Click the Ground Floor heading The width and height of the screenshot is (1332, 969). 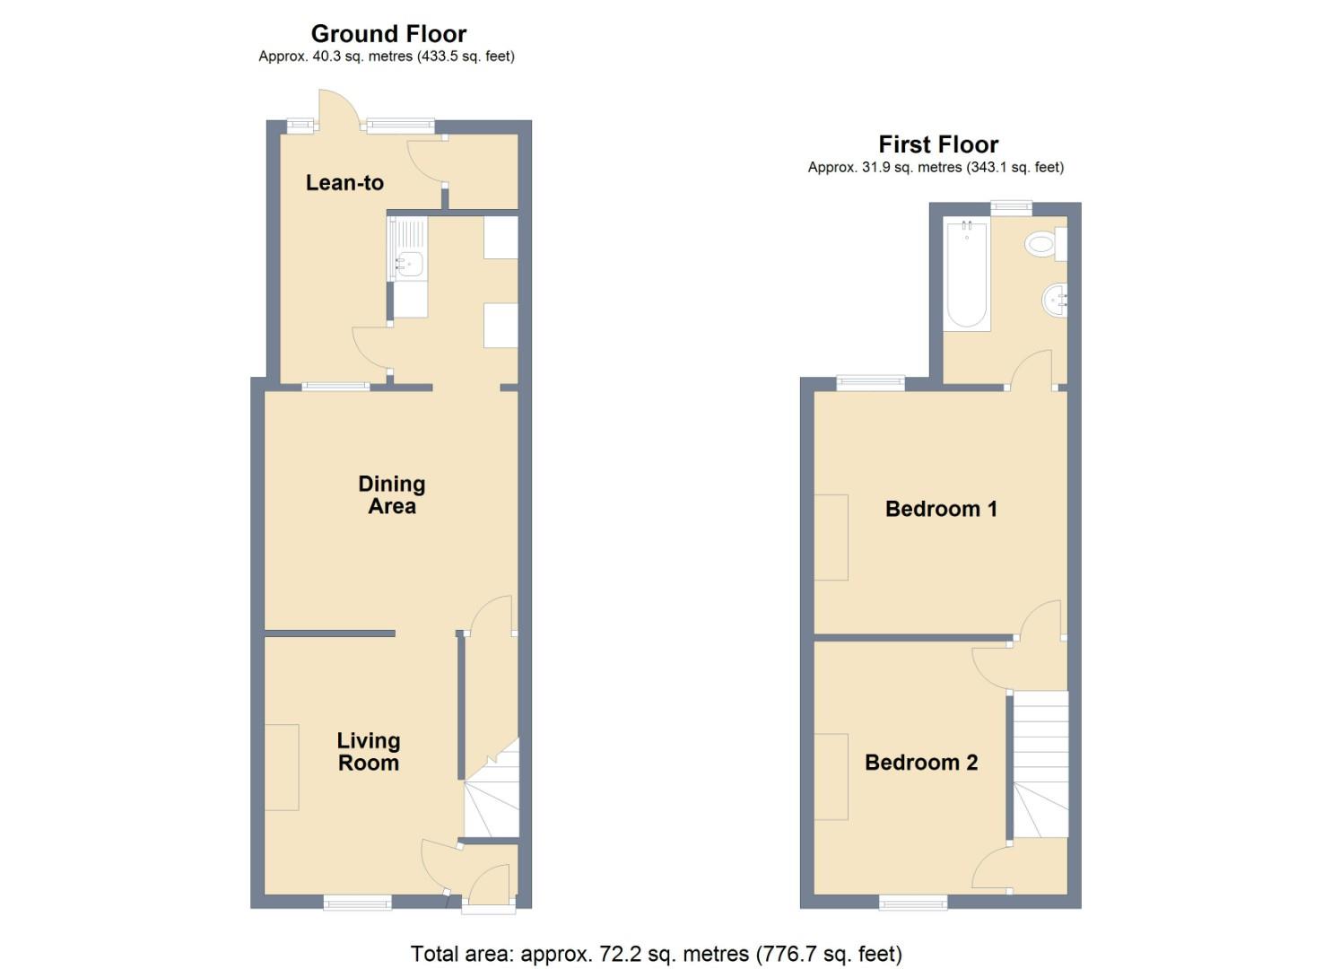(388, 34)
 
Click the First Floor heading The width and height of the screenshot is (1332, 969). (938, 144)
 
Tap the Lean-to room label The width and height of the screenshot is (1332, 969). (344, 183)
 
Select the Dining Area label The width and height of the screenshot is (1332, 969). (392, 495)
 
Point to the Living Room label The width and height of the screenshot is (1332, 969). (369, 752)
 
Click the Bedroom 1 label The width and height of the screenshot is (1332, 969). (941, 509)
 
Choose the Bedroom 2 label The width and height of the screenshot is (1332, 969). (921, 763)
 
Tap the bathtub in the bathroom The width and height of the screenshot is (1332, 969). (968, 275)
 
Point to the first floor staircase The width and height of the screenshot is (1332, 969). (1041, 763)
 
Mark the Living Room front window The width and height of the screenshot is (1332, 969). (358, 904)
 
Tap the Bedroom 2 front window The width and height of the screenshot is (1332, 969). (913, 903)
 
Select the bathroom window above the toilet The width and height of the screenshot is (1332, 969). (1011, 208)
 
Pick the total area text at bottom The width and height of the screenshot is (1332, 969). (656, 954)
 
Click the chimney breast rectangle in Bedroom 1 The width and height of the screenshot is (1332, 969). (831, 537)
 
